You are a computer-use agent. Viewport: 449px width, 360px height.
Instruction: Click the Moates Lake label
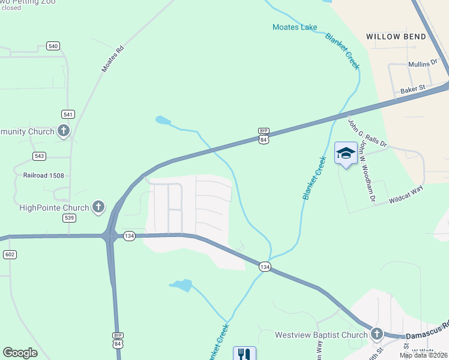295,27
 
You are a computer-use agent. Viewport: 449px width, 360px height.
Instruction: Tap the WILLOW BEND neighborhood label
396,37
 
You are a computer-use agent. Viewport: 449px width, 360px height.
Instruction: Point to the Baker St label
412,89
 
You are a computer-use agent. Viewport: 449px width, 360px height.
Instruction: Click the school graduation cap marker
346,153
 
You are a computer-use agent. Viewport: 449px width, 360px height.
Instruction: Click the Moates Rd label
112,58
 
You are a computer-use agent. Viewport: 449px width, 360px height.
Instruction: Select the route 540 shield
53,46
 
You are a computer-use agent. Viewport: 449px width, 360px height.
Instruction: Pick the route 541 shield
68,114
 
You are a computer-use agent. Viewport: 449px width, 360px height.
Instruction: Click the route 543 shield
40,156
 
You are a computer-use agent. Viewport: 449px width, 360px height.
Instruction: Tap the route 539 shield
69,217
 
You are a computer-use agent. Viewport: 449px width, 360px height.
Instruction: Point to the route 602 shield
10,254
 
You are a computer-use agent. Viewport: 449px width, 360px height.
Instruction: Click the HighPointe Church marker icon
98,208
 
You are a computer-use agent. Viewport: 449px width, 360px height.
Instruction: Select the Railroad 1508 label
40,175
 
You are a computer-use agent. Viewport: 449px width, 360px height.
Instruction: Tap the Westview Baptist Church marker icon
376,334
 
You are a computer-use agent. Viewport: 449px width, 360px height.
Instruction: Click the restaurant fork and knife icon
244,355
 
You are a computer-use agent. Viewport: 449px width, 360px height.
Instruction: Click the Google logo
20,353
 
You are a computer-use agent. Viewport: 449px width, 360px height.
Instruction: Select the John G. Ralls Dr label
368,133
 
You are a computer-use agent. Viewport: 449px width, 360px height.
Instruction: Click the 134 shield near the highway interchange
130,236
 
